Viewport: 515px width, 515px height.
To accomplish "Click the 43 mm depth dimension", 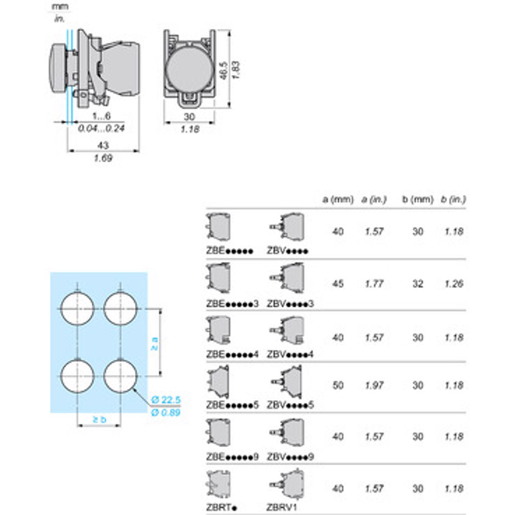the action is click(103, 145).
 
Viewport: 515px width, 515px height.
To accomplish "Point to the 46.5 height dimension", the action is click(224, 70).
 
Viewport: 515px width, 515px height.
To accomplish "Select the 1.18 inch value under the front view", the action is click(190, 130).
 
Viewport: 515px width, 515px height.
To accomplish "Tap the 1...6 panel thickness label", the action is click(102, 116).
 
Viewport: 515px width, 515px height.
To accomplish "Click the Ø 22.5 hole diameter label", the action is click(166, 400).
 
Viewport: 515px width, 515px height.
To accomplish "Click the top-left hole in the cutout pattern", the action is click(77, 309).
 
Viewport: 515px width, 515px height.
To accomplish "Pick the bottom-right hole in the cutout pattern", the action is click(120, 376).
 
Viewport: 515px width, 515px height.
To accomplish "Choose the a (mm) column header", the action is click(338, 200).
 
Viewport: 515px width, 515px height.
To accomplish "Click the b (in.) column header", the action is click(453, 200).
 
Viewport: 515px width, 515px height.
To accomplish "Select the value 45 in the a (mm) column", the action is click(338, 284).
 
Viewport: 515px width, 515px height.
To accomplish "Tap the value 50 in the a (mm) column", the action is click(338, 385).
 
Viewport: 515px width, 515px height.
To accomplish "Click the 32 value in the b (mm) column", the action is click(418, 284).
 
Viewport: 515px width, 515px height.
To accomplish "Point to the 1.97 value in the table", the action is click(374, 385).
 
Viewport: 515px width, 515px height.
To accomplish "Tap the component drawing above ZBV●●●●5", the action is click(287, 382).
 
